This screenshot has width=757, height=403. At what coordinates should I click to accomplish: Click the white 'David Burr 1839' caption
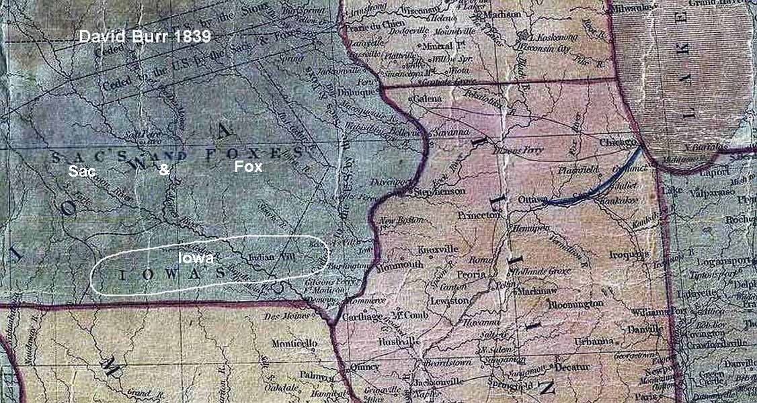145,37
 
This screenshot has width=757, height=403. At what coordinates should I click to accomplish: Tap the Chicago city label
620,143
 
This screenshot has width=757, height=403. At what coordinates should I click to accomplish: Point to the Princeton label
479,216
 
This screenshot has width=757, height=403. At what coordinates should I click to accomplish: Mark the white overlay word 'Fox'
248,167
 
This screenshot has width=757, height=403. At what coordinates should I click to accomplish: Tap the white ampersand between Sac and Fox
163,171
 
